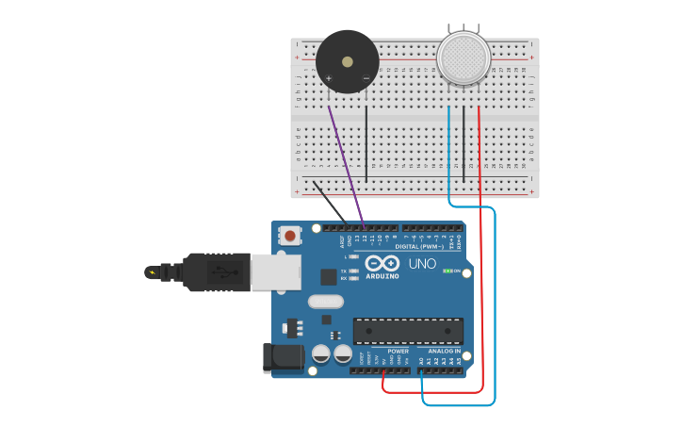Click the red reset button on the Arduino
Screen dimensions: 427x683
pos(290,236)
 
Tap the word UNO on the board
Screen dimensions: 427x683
pos(422,263)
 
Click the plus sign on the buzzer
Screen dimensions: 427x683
pos(329,78)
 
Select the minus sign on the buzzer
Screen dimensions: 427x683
pos(366,78)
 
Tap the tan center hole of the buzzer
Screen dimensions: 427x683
pos(348,61)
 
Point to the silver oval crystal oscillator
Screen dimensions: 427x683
pos(325,302)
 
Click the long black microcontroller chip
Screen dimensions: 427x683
pos(408,331)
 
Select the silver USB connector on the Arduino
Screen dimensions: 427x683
pos(274,271)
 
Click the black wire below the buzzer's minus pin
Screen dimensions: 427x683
pos(366,141)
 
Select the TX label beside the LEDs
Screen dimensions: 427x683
pos(343,271)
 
